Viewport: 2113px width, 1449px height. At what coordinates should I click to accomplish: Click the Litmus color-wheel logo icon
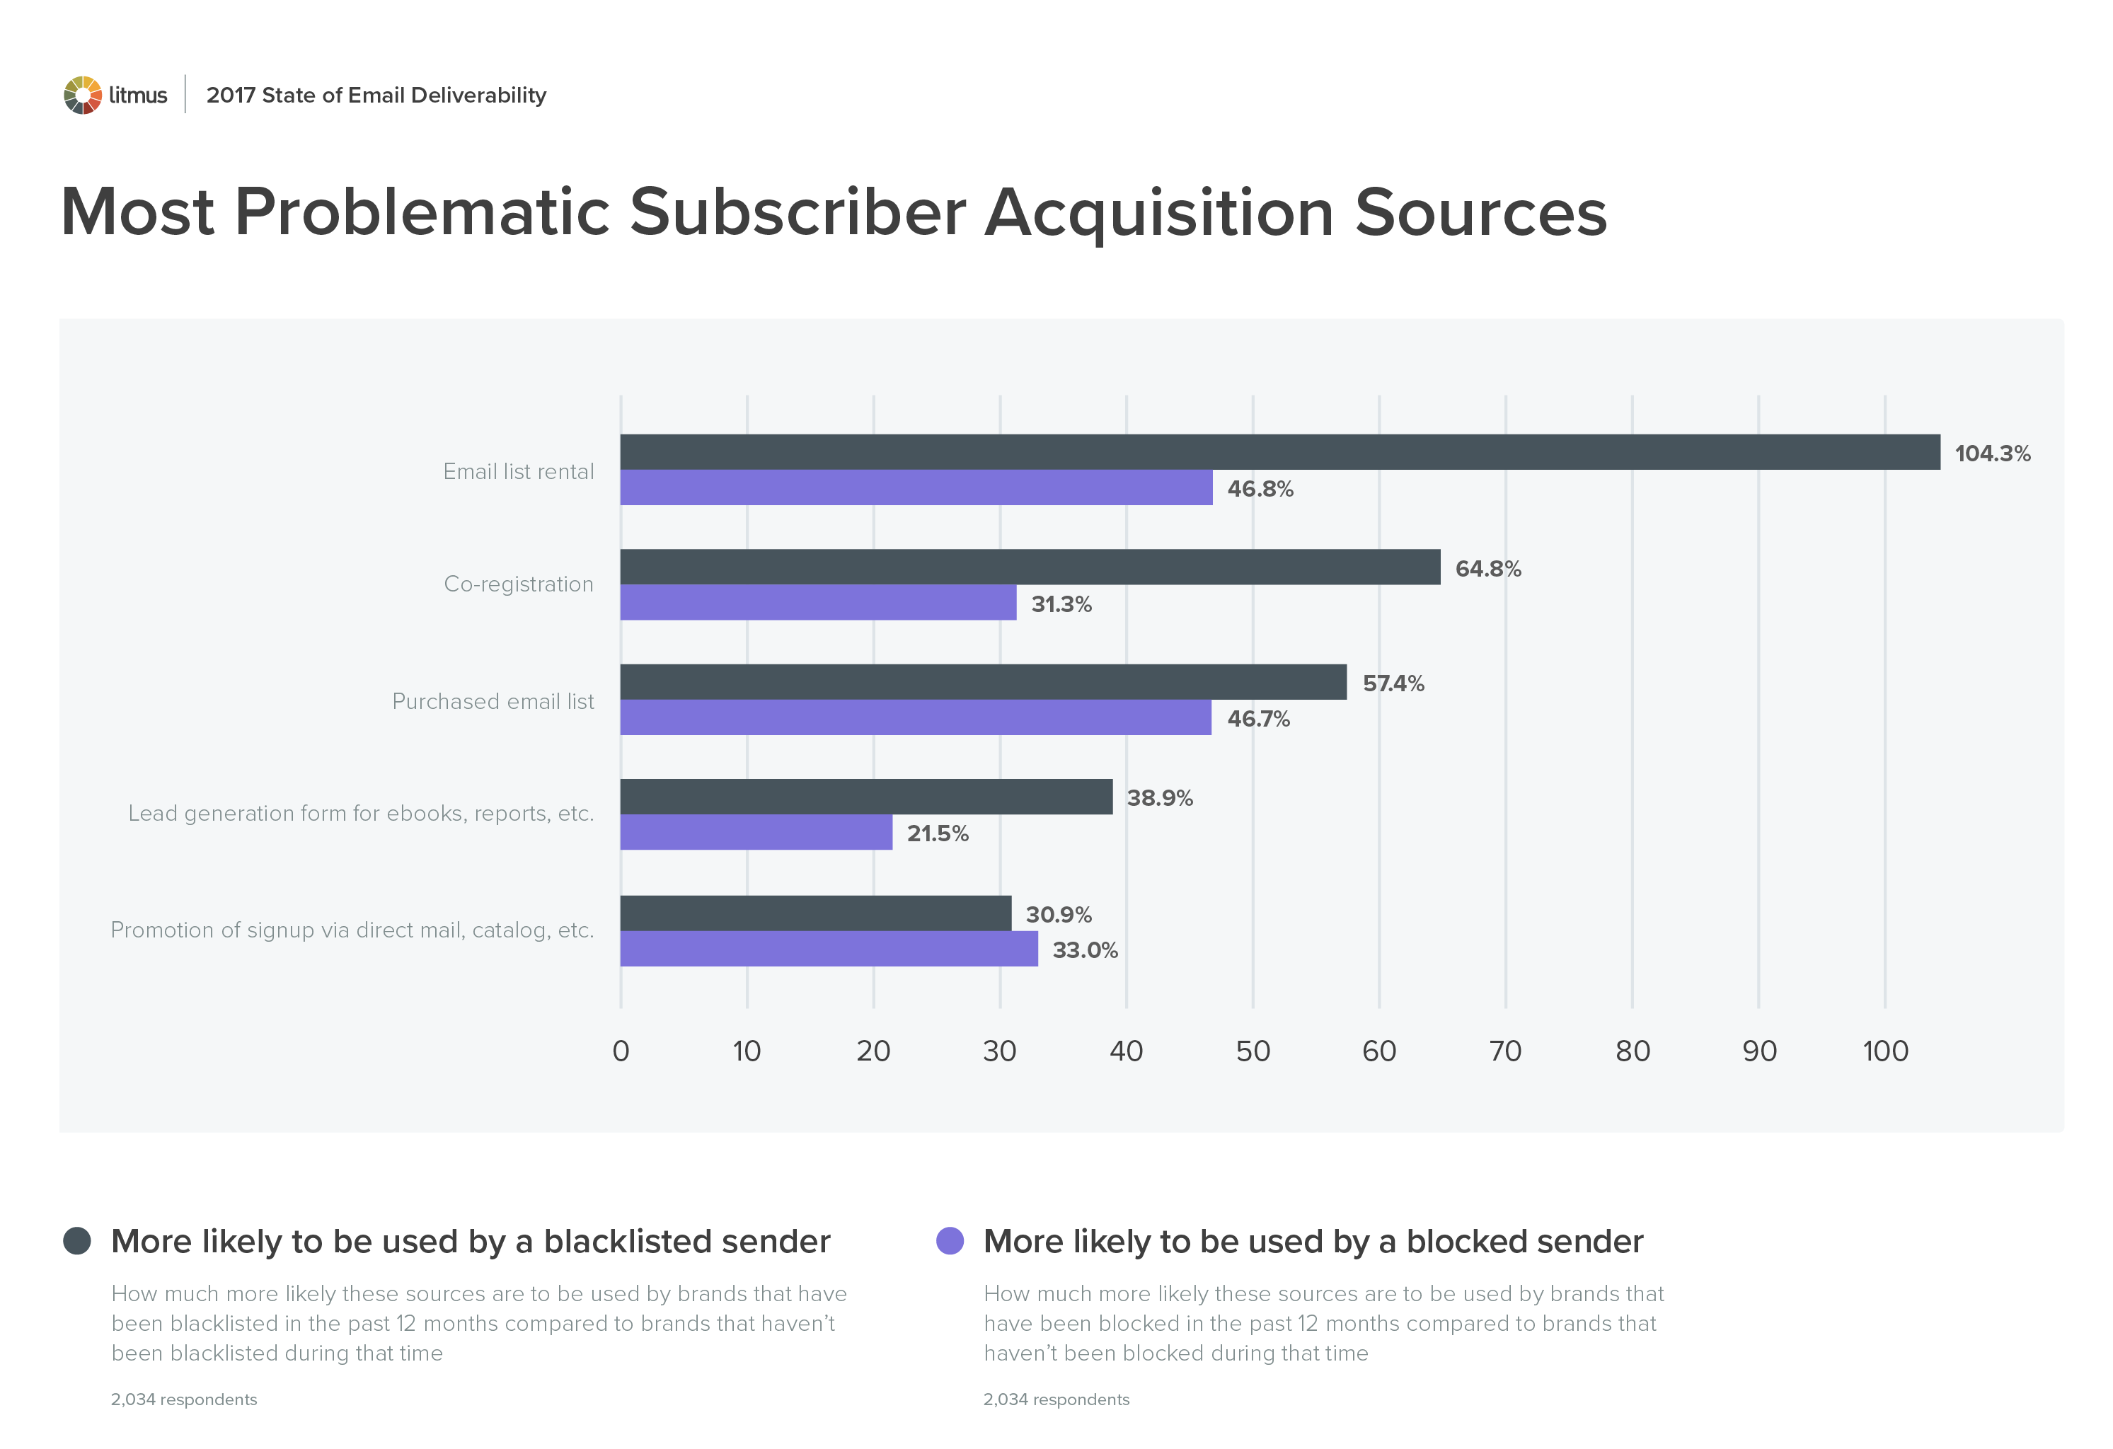click(82, 96)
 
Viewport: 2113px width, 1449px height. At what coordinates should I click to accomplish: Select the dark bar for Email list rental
click(1279, 452)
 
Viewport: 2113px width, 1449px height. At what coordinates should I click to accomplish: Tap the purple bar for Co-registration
click(817, 603)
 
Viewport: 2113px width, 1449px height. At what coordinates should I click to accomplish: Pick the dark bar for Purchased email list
click(983, 682)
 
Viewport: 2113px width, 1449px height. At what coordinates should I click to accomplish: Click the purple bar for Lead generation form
click(756, 833)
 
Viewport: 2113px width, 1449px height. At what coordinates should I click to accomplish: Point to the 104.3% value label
click(1991, 454)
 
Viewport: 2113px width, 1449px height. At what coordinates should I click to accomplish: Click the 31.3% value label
click(1061, 604)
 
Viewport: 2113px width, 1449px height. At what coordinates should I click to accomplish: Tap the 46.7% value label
click(1258, 719)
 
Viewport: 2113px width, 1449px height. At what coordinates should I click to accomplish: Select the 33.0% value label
click(1085, 950)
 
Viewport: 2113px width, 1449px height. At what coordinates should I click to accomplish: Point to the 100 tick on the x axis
click(1885, 1051)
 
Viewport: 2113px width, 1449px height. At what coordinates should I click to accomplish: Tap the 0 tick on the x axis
click(621, 1051)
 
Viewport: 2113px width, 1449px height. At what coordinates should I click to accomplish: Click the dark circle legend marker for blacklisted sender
click(77, 1241)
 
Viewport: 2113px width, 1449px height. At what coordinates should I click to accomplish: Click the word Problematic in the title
click(422, 213)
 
